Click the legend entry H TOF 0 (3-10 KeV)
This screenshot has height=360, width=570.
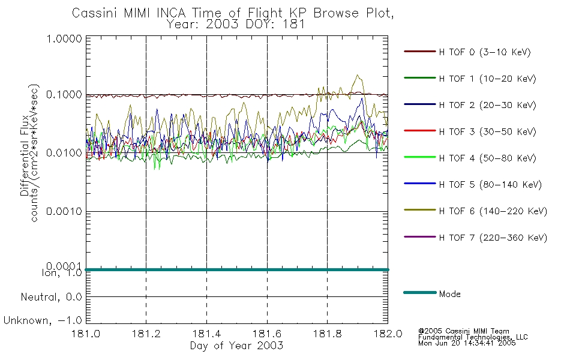pos(485,52)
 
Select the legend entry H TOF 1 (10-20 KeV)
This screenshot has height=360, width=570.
pos(487,79)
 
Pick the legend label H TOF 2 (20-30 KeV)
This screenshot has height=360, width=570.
pos(487,105)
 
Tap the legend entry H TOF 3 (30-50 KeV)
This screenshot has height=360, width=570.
pos(487,131)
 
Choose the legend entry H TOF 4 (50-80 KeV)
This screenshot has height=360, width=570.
pos(487,158)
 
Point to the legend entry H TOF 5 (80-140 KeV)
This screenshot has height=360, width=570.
pos(490,185)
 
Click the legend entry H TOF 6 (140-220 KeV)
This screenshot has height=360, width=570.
pos(493,211)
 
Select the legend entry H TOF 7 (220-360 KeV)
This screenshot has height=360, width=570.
pos(493,238)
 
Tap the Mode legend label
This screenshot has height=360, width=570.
pos(449,294)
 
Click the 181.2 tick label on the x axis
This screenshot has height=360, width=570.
pos(146,334)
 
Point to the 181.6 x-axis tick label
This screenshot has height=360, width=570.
pos(267,334)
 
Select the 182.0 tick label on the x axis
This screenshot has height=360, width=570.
pos(388,334)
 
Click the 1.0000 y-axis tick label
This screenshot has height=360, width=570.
pos(64,38)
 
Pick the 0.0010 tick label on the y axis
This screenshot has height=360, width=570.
pos(64,211)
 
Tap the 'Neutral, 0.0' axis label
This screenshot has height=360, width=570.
pos(51,297)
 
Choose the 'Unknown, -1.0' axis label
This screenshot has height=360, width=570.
pos(43,320)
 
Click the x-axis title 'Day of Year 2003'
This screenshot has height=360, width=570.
pos(236,346)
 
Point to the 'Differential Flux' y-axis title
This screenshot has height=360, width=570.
pos(25,155)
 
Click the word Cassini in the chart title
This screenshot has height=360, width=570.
pos(95,13)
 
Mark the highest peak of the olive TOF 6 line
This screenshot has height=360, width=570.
pos(358,75)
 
